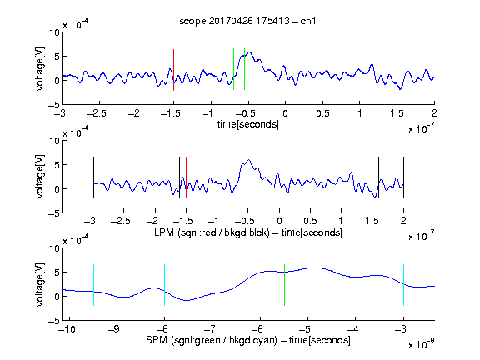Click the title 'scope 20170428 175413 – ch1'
tap(247, 21)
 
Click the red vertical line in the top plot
tap(173, 70)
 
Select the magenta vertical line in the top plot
tap(397, 70)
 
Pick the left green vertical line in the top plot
tap(233, 69)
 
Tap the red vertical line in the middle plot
tap(186, 177)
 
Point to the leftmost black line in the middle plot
tap(93, 177)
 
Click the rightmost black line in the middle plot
tap(403, 177)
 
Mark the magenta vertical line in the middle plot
tap(372, 177)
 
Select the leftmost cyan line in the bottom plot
tap(93, 285)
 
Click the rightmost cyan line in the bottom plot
tap(403, 285)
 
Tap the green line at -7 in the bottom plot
tap(212, 285)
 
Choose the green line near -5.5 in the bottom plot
tap(284, 285)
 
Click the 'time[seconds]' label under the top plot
tap(248, 124)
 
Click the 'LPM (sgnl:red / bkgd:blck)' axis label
tap(212, 232)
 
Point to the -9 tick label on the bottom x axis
tap(114, 329)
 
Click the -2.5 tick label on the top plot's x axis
tap(97, 113)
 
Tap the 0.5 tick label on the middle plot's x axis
tap(310, 221)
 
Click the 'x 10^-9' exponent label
tap(422, 344)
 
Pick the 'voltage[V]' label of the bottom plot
tap(40, 284)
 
